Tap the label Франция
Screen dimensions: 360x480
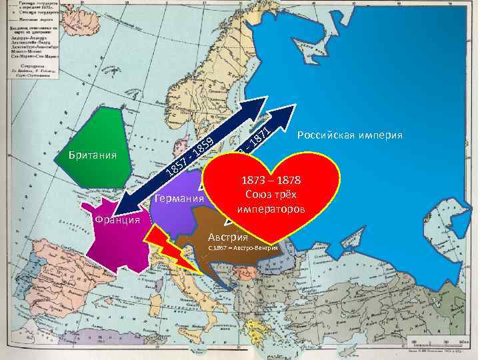tap(117, 220)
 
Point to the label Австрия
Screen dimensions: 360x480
tap(227, 236)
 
